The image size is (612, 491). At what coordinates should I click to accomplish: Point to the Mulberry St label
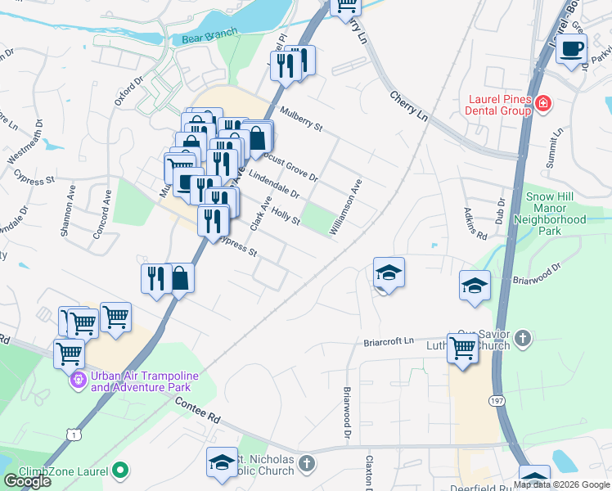pyautogui.click(x=302, y=119)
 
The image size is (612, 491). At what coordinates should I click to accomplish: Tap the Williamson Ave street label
pyautogui.click(x=344, y=209)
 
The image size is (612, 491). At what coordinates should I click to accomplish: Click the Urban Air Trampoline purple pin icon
pyautogui.click(x=79, y=380)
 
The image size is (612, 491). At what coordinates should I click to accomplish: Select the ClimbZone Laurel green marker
pyautogui.click(x=121, y=470)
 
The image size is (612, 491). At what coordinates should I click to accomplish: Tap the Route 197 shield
pyautogui.click(x=497, y=401)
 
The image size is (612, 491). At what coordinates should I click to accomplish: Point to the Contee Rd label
pyautogui.click(x=198, y=408)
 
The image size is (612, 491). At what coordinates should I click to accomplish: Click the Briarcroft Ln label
pyautogui.click(x=390, y=341)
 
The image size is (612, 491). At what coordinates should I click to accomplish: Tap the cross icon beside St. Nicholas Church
pyautogui.click(x=307, y=465)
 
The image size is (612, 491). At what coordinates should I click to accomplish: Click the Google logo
pyautogui.click(x=28, y=481)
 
